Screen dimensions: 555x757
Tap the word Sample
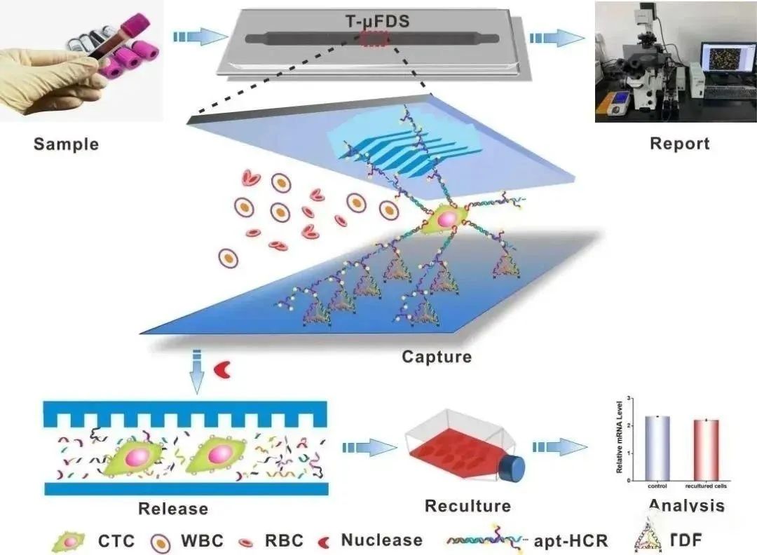66,145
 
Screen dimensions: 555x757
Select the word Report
679,144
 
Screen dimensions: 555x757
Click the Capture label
436,357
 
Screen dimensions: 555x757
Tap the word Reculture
468,505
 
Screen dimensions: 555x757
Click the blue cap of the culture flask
515,467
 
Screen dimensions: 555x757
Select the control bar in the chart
657,448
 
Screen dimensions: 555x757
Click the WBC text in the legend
203,540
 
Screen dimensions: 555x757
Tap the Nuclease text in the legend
381,540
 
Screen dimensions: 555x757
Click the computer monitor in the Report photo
727,64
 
